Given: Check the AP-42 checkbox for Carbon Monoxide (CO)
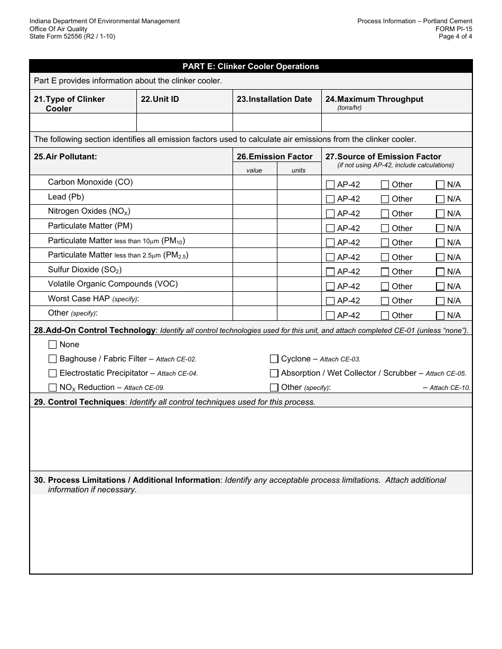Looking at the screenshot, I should pos(330,185).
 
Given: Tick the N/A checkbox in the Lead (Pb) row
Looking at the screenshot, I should pos(440,199).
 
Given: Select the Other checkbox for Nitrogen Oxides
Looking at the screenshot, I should pos(385,214).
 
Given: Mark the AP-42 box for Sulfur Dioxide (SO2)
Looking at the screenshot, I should pos(330,272).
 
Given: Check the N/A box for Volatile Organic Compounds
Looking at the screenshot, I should pos(440,287).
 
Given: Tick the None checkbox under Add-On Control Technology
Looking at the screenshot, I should pos(52,345).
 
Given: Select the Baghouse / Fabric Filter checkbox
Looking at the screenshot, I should pos(52,359).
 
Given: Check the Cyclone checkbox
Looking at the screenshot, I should pos(274,359).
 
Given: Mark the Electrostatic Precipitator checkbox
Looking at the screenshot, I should pos(52,373).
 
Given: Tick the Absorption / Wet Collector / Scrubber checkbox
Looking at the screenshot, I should pos(274,373).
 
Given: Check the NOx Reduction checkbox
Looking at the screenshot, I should pos(52,387).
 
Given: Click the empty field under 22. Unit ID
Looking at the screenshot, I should pos(184,122).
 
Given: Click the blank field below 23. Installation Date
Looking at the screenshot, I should pos(277,122).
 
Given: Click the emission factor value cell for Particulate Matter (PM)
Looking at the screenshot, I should pos(255,226).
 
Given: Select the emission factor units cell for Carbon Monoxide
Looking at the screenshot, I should pos(299,183).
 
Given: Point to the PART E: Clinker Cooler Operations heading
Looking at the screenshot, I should pos(250,66).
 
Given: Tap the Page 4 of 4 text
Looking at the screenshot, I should pos(455,36).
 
